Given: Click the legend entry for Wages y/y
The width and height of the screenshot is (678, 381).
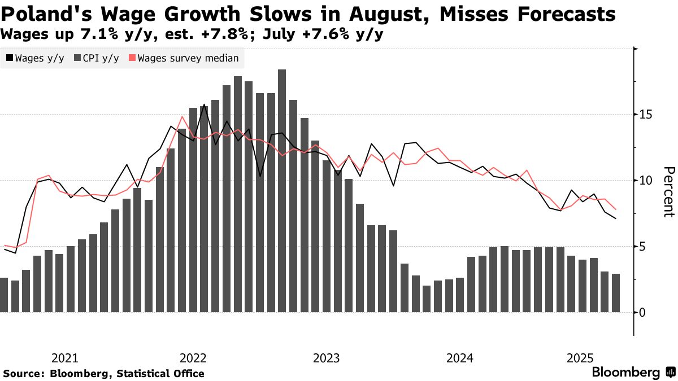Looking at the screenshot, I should tap(35, 58).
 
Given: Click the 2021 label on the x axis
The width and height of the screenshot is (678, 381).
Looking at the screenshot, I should tap(64, 358).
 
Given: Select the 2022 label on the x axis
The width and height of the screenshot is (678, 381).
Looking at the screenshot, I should tap(193, 358).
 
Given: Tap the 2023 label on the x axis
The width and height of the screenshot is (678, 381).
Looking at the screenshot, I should tap(326, 358).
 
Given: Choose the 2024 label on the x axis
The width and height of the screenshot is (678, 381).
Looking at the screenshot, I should tap(459, 358).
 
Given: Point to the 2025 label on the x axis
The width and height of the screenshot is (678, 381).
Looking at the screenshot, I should tap(580, 358).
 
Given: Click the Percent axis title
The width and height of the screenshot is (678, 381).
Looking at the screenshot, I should tap(669, 192).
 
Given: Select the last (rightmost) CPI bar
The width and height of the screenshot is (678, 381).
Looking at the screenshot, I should tap(615, 293).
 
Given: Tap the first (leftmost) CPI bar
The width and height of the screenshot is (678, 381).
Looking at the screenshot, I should tap(3, 295).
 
